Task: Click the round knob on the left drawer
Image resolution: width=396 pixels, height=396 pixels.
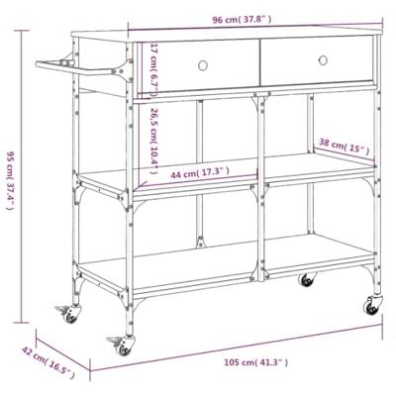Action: [x=204, y=65]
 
